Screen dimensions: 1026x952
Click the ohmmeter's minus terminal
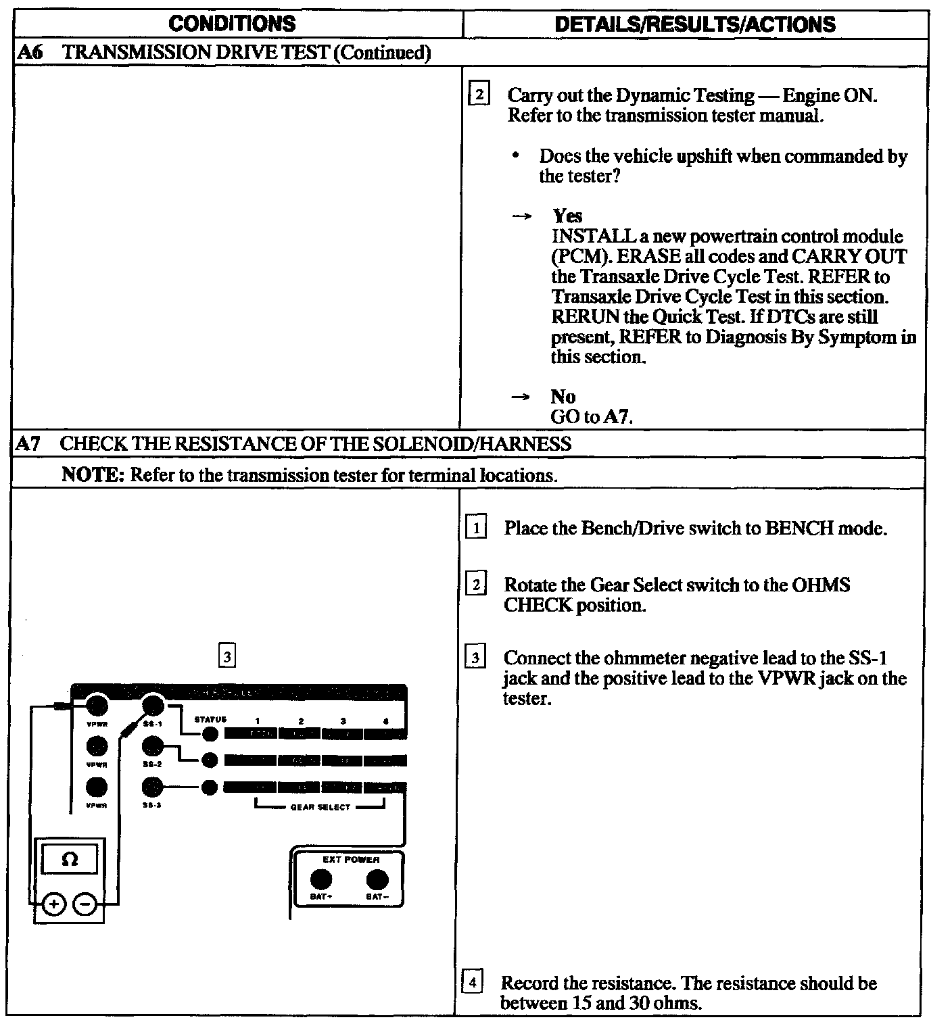[x=85, y=904]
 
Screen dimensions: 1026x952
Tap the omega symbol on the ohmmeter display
[x=69, y=860]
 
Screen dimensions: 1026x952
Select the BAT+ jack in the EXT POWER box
[x=320, y=879]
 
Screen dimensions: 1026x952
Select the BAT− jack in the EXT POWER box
[x=377, y=879]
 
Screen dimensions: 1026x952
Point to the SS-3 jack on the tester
[x=153, y=787]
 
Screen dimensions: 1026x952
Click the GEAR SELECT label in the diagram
[x=320, y=807]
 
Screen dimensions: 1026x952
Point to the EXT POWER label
[x=351, y=860]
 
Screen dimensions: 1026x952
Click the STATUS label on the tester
[x=210, y=720]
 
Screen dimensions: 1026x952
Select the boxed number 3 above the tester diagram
[x=228, y=656]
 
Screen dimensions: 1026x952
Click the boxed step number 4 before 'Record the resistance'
[x=473, y=981]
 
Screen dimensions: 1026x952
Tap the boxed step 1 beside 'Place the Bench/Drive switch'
[x=475, y=528]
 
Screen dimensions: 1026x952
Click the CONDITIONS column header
[x=232, y=24]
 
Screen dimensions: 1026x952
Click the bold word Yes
[x=567, y=216]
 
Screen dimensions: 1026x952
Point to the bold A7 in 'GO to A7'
[x=617, y=416]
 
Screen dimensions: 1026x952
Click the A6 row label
[x=30, y=53]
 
